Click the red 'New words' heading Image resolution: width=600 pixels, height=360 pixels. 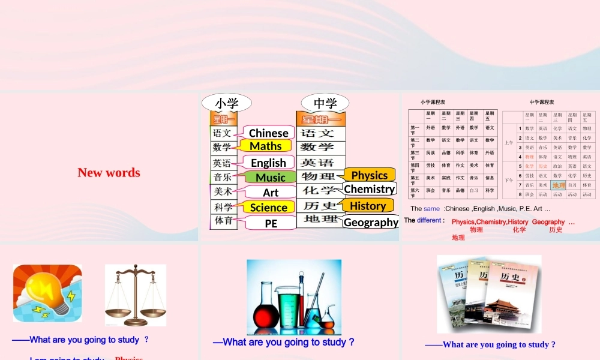pos(109,173)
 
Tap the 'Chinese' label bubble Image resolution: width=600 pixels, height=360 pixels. pos(268,133)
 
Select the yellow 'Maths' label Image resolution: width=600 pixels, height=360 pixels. pos(265,146)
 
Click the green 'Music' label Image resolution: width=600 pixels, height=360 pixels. pos(270,177)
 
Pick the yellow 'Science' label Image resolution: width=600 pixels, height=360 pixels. pos(268,207)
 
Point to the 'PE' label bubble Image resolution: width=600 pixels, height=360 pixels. pos(271,223)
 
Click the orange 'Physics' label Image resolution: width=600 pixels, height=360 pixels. pos(369,175)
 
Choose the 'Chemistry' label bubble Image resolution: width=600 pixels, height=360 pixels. pos(369,189)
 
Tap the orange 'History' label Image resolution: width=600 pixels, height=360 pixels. pos(367,206)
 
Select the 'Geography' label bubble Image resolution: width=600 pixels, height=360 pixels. pos(371,222)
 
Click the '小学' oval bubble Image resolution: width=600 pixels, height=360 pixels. pos(226,103)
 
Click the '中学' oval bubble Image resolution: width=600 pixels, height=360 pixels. pos(325,103)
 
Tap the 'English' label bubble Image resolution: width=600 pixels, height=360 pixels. pos(268,163)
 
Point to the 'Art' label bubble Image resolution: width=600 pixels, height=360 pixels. pos(271,192)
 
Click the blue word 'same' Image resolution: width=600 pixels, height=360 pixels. pos(431,209)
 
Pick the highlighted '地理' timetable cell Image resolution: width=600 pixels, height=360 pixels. pos(559,185)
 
